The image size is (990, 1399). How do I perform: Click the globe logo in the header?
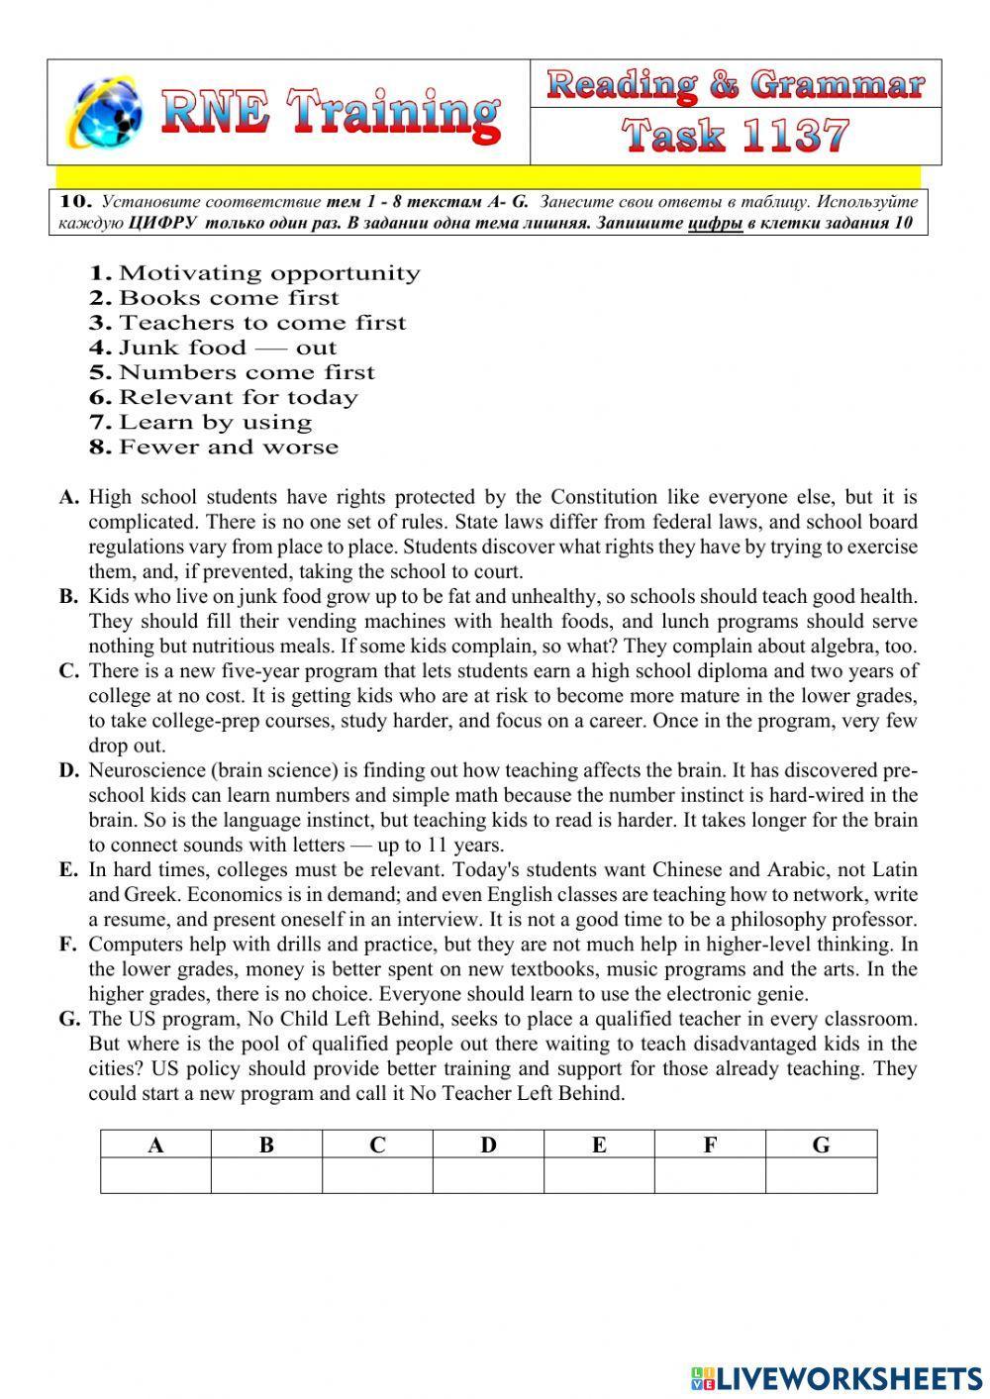pyautogui.click(x=105, y=112)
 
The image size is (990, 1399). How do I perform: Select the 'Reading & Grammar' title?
pyautogui.click(x=736, y=85)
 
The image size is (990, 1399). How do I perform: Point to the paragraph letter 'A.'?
pyautogui.click(x=68, y=498)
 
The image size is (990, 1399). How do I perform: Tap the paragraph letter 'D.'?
pyautogui.click(x=68, y=770)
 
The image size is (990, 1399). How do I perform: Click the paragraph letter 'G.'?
pyautogui.click(x=68, y=1019)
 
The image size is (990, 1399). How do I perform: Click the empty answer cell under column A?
pyautogui.click(x=155, y=1175)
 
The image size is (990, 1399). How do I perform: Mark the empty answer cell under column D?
pyautogui.click(x=488, y=1175)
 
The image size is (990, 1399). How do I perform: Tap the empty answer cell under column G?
pyautogui.click(x=821, y=1175)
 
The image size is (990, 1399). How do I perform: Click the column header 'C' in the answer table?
pyautogui.click(x=377, y=1145)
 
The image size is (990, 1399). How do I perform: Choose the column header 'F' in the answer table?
pyautogui.click(x=710, y=1145)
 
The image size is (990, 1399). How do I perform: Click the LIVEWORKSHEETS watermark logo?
pyautogui.click(x=837, y=1377)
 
